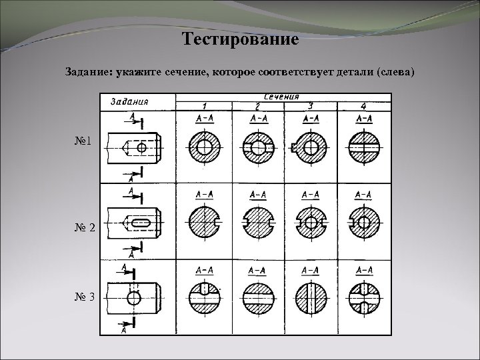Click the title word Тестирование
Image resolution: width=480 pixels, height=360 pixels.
[240, 39]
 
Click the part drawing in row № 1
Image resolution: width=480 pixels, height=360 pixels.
[136, 147]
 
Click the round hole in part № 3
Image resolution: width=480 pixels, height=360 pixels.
[134, 298]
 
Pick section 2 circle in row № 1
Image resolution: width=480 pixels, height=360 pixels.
[257, 146]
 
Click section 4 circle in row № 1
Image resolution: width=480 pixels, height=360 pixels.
[364, 146]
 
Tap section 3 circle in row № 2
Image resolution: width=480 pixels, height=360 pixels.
[310, 221]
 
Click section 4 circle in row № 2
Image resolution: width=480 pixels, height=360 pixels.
[364, 221]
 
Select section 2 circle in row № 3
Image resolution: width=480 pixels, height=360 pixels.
[257, 297]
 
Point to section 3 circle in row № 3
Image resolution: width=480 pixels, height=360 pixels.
[310, 297]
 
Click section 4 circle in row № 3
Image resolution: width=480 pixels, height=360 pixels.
[364, 297]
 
